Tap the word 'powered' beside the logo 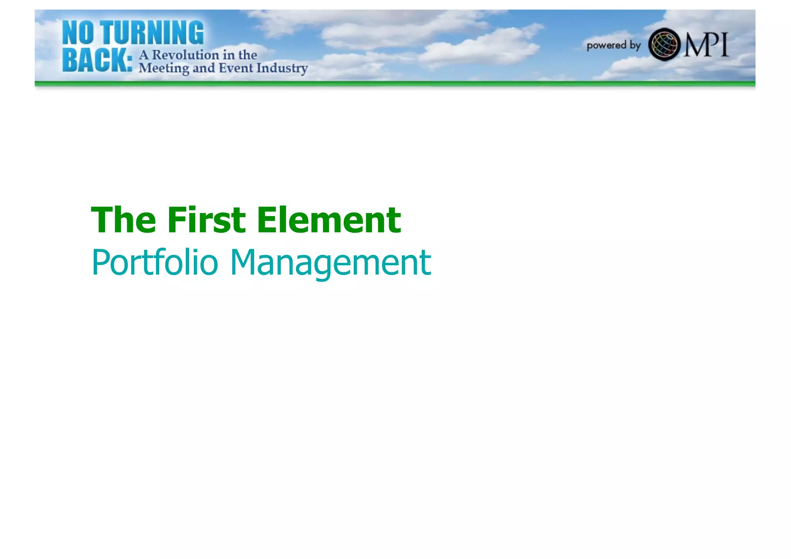[x=606, y=46]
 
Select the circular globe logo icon [x=664, y=44]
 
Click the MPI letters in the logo [x=706, y=45]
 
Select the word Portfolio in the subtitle [x=155, y=263]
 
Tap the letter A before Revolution [x=144, y=55]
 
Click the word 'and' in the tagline [x=204, y=68]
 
